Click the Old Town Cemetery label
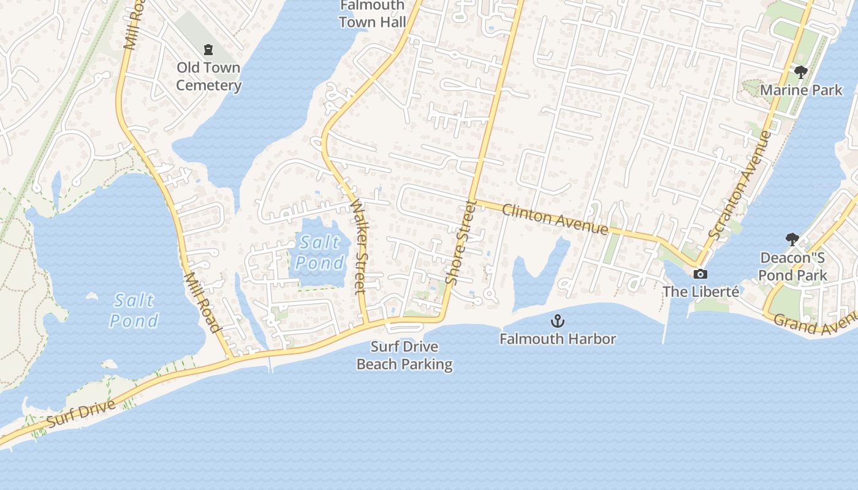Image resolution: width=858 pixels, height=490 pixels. click(208, 77)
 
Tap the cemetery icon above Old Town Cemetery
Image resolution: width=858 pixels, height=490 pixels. click(208, 49)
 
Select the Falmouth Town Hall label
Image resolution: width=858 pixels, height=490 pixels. click(372, 14)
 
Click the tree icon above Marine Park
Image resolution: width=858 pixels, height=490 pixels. click(800, 72)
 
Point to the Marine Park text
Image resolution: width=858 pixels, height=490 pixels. click(801, 90)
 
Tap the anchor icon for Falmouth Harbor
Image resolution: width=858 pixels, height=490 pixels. click(558, 320)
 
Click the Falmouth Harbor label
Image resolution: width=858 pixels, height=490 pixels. click(558, 338)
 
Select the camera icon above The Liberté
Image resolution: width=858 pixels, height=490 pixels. click(700, 274)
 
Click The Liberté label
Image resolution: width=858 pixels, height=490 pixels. click(700, 292)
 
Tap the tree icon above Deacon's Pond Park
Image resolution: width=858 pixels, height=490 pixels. click(792, 239)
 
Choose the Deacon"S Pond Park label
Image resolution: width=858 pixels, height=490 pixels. click(793, 266)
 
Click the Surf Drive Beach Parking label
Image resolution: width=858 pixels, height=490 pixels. click(404, 356)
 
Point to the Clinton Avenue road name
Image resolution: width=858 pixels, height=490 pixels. click(555, 219)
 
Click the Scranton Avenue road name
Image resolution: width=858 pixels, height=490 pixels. click(739, 184)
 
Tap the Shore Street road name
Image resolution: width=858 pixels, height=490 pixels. click(461, 242)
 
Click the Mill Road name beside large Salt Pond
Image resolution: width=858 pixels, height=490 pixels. click(202, 302)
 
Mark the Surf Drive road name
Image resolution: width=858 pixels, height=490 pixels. click(81, 413)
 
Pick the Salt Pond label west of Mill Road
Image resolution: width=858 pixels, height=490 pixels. click(134, 311)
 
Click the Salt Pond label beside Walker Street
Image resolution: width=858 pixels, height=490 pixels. click(319, 252)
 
